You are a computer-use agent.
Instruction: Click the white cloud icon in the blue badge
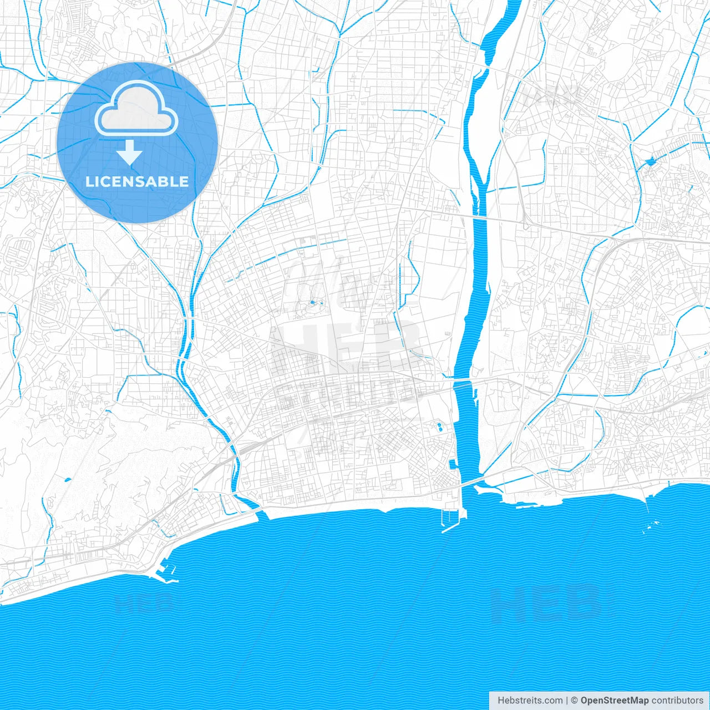(136, 109)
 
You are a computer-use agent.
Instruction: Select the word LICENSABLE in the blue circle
(137, 181)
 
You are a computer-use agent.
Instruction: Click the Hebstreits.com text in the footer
(530, 701)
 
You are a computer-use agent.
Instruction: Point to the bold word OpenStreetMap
(615, 701)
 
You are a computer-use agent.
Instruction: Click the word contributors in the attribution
(677, 701)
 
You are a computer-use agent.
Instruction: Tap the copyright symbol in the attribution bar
(575, 701)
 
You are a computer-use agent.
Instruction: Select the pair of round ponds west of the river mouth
(439, 427)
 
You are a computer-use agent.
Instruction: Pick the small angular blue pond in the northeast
(650, 162)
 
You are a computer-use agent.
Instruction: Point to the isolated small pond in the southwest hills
(68, 479)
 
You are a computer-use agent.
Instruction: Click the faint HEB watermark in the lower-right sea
(546, 602)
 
